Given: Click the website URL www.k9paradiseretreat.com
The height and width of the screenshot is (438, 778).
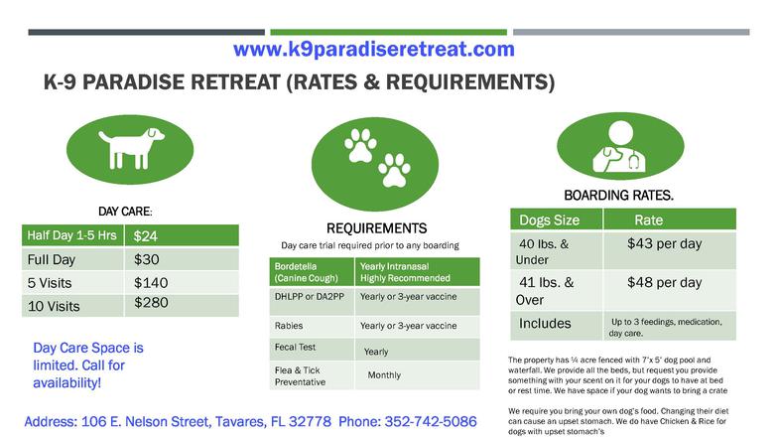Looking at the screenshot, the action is pyautogui.click(x=373, y=50).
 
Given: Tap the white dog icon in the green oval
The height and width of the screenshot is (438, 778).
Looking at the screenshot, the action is pyautogui.click(x=131, y=148).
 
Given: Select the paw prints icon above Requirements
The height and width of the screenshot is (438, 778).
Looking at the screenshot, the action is pyautogui.click(x=377, y=158).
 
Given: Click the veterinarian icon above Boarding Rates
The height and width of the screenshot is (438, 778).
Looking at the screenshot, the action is pyautogui.click(x=619, y=147).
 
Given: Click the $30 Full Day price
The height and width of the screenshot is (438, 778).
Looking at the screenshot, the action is pyautogui.click(x=147, y=259).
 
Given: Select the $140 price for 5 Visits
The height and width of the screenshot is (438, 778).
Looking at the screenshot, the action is pyautogui.click(x=151, y=282).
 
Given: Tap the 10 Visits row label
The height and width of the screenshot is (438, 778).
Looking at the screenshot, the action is pyautogui.click(x=54, y=306).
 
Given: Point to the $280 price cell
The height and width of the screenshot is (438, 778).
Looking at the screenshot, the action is pyautogui.click(x=151, y=302).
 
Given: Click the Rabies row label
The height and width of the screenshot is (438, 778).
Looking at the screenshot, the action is pyautogui.click(x=289, y=326).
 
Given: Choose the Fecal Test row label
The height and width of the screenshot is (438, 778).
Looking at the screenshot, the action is pyautogui.click(x=296, y=348).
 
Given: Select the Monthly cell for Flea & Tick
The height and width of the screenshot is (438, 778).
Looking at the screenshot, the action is pyautogui.click(x=384, y=375).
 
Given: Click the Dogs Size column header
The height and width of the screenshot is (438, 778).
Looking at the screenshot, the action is pyautogui.click(x=550, y=220).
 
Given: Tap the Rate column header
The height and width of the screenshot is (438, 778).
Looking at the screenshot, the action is pyautogui.click(x=649, y=220).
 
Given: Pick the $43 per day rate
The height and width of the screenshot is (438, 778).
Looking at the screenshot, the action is pyautogui.click(x=665, y=244).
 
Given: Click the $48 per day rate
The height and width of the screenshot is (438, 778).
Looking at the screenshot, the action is pyautogui.click(x=665, y=282).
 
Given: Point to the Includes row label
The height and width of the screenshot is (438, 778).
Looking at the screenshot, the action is pyautogui.click(x=545, y=324).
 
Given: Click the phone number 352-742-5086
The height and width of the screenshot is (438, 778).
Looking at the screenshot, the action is pyautogui.click(x=431, y=421).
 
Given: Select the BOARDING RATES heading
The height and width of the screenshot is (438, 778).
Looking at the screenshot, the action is pyautogui.click(x=619, y=195).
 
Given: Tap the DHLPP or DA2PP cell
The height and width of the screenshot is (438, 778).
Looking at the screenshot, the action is pyautogui.click(x=310, y=296).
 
